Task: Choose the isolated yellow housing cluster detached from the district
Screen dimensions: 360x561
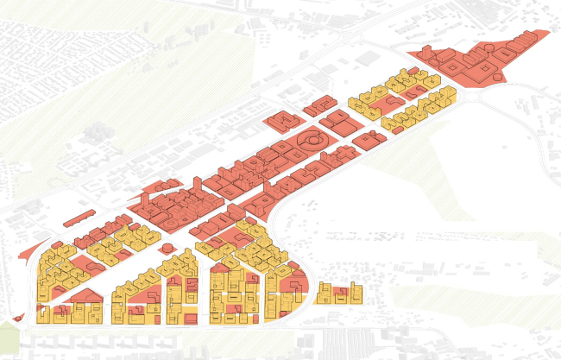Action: [x=337, y=294]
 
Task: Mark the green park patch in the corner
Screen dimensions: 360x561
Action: [x=8, y=333]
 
